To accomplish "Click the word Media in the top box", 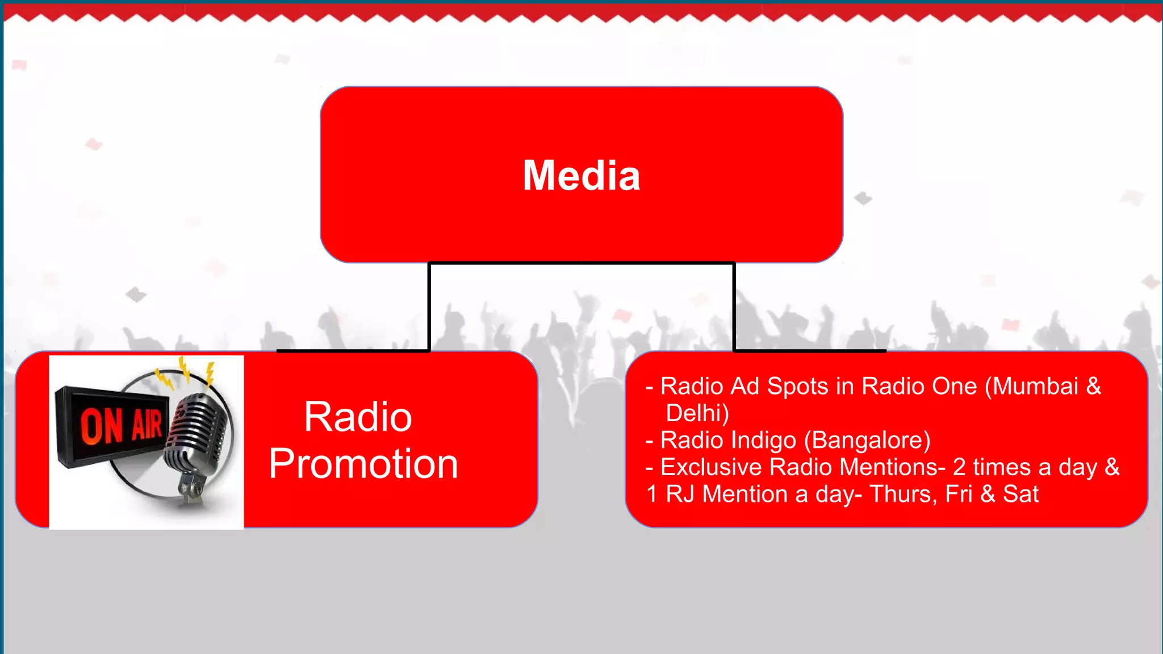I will [581, 175].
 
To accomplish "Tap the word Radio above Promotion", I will [358, 417].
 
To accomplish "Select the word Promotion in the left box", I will [363, 464].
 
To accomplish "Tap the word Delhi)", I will [697, 413].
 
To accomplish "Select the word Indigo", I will [764, 441].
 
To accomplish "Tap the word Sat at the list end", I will [1020, 494].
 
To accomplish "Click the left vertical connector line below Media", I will [429, 307].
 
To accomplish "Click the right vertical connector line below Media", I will [734, 307].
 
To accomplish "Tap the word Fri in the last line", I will [959, 494].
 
